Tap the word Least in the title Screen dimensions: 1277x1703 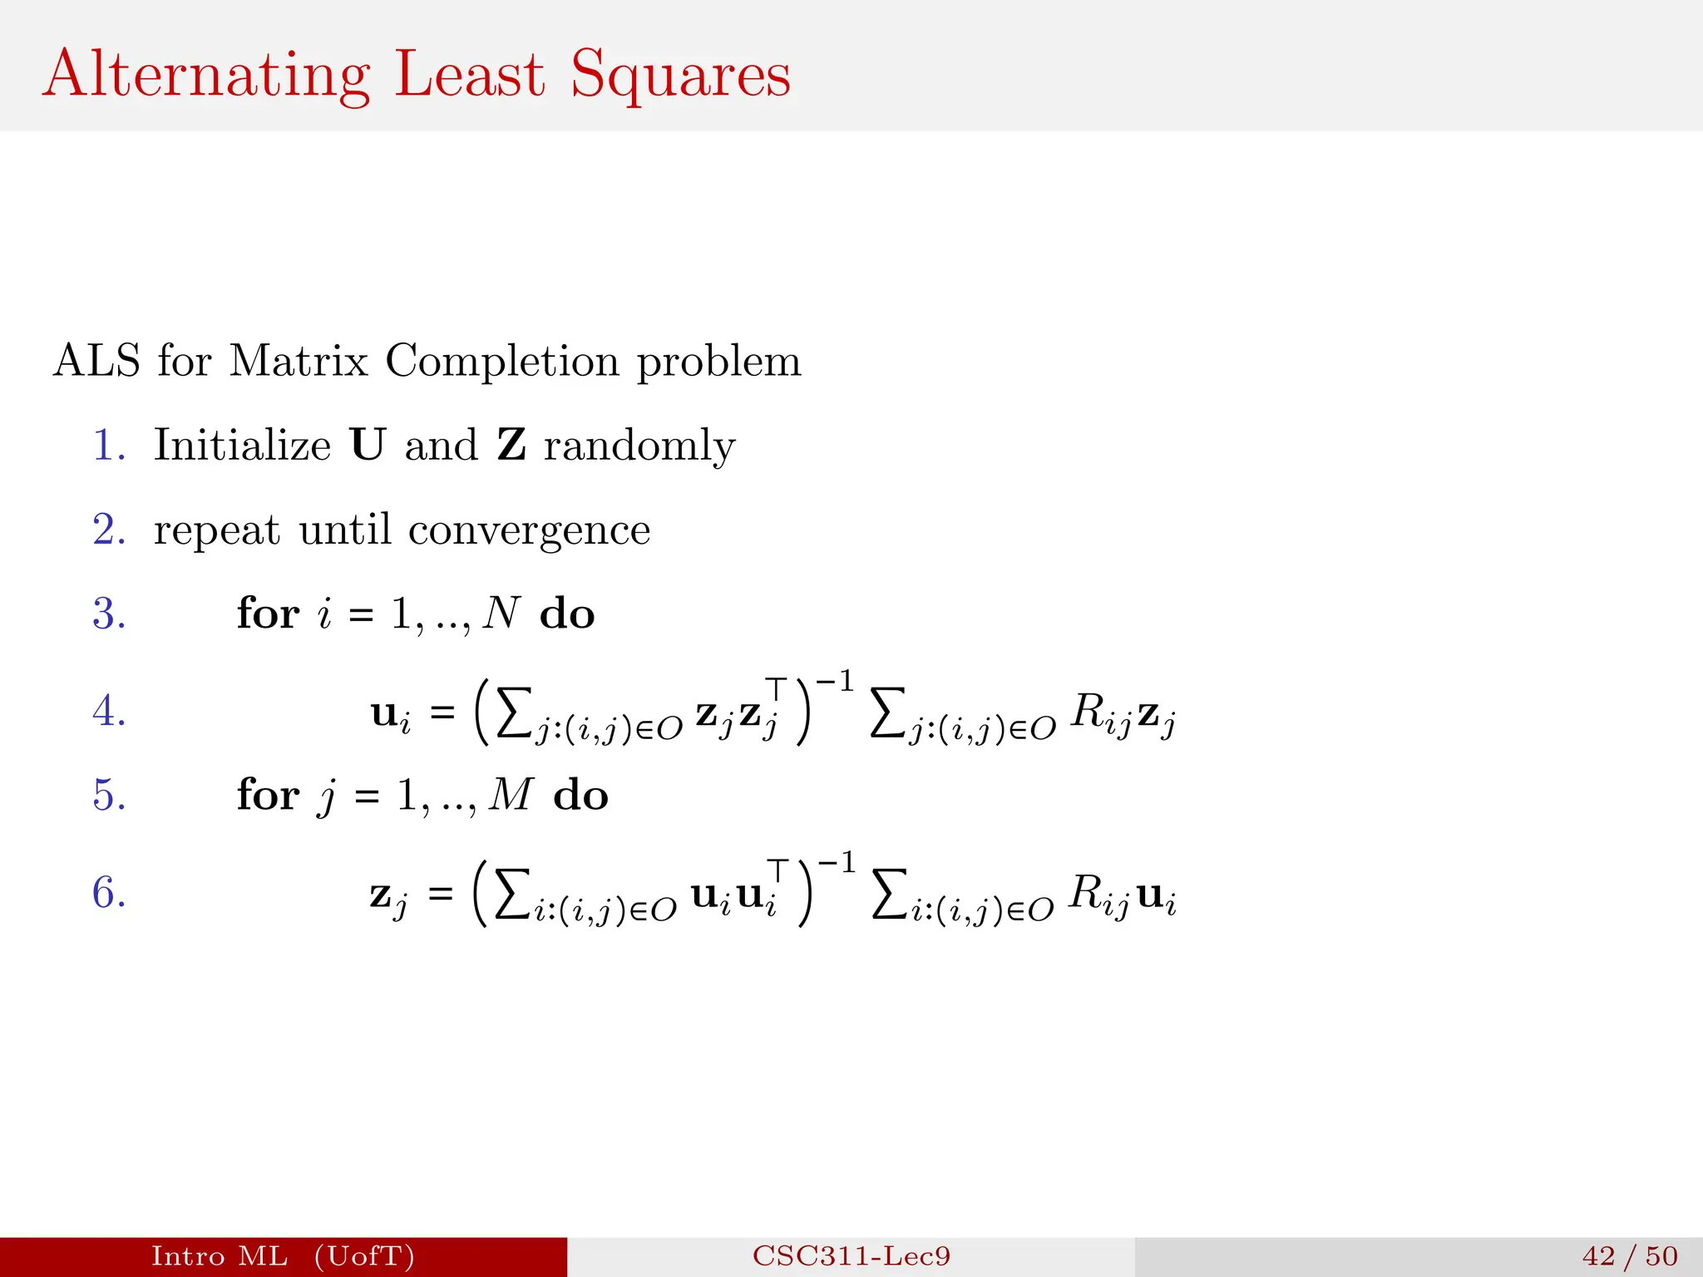click(469, 75)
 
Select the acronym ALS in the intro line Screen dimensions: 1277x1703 click(96, 362)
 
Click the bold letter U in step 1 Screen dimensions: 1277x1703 click(368, 445)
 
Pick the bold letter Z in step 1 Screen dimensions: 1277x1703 click(511, 445)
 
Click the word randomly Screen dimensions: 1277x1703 click(639, 446)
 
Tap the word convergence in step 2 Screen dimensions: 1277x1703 click(529, 530)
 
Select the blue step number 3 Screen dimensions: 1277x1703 click(109, 614)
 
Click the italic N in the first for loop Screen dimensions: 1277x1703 click(501, 614)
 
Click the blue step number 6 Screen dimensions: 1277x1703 click(109, 893)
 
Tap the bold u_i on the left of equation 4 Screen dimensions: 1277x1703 click(391, 715)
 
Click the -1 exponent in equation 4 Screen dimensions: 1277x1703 click(834, 683)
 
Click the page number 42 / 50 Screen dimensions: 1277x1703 click(1630, 1256)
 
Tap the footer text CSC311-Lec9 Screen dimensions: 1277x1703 click(851, 1256)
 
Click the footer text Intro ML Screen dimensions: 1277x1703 click(220, 1256)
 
